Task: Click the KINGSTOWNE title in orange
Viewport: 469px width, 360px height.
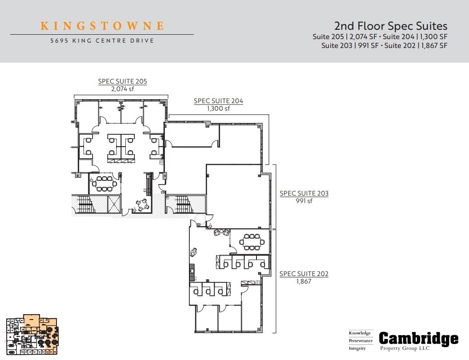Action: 102,26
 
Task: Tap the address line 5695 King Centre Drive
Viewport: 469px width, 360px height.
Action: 102,41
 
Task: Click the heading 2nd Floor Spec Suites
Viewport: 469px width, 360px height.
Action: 390,26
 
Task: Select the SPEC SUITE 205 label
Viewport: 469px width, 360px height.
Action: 122,82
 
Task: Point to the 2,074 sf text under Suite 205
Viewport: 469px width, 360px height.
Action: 122,89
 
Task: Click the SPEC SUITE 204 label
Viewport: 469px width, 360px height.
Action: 218,101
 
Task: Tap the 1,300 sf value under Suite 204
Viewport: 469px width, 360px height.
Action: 218,108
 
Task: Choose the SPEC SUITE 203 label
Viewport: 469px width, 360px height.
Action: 304,194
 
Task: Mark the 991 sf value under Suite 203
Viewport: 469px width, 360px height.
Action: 304,201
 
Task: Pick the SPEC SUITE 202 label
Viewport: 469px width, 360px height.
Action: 304,274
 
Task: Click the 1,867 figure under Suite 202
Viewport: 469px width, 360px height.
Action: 304,281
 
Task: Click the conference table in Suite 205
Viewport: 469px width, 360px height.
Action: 104,183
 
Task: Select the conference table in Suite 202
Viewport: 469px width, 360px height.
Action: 252,242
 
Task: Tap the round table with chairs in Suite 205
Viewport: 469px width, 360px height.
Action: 142,204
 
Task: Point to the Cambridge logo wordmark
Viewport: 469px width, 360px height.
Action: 418,339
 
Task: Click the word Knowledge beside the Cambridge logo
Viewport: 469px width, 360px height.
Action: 360,333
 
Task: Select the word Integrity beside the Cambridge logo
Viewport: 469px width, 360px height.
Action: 358,348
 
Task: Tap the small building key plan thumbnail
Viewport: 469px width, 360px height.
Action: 32,334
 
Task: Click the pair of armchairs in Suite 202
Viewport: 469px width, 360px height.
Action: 221,232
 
